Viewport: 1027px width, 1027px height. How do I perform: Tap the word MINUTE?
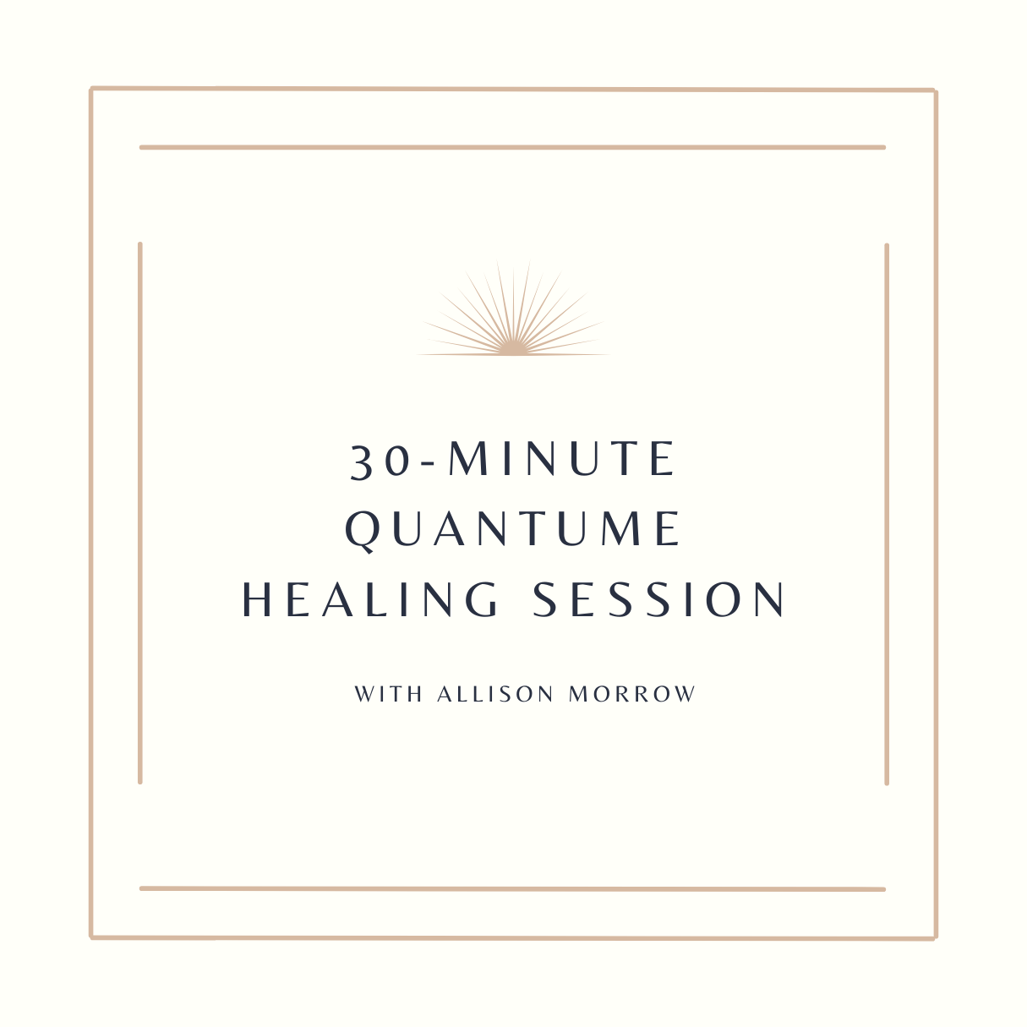click(562, 458)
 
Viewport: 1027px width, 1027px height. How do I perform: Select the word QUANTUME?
click(513, 530)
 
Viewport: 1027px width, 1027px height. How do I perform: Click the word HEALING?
click(370, 599)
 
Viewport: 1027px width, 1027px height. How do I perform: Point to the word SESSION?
click(658, 599)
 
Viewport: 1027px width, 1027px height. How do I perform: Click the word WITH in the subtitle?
click(389, 694)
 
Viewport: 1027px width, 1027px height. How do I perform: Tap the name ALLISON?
click(495, 694)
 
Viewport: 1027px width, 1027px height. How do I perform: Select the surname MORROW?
click(632, 694)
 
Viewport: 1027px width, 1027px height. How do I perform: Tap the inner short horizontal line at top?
click(513, 148)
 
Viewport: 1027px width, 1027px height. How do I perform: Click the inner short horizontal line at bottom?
click(513, 889)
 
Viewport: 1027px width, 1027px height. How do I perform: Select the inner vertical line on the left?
click(140, 513)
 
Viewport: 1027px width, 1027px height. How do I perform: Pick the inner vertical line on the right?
click(887, 514)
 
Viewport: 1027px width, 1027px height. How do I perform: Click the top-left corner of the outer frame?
click(91, 89)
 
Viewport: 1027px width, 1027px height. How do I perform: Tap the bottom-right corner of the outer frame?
click(936, 938)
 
